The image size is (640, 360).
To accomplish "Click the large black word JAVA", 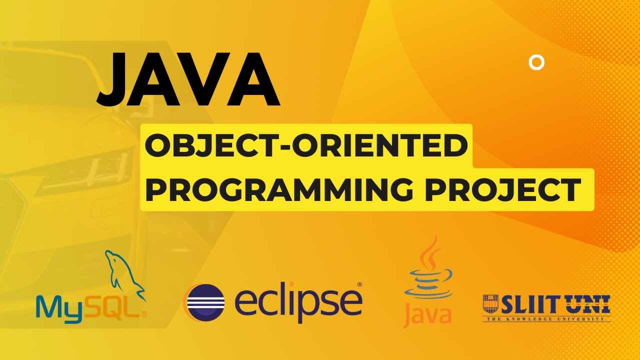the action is [x=188, y=79].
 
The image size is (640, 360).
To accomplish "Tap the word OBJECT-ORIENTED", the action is [x=306, y=146].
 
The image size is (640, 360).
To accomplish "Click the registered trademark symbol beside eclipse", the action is [x=359, y=284].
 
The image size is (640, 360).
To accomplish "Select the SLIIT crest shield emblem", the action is [x=491, y=304].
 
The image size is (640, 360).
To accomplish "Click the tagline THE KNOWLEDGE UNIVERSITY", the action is [x=546, y=319].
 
